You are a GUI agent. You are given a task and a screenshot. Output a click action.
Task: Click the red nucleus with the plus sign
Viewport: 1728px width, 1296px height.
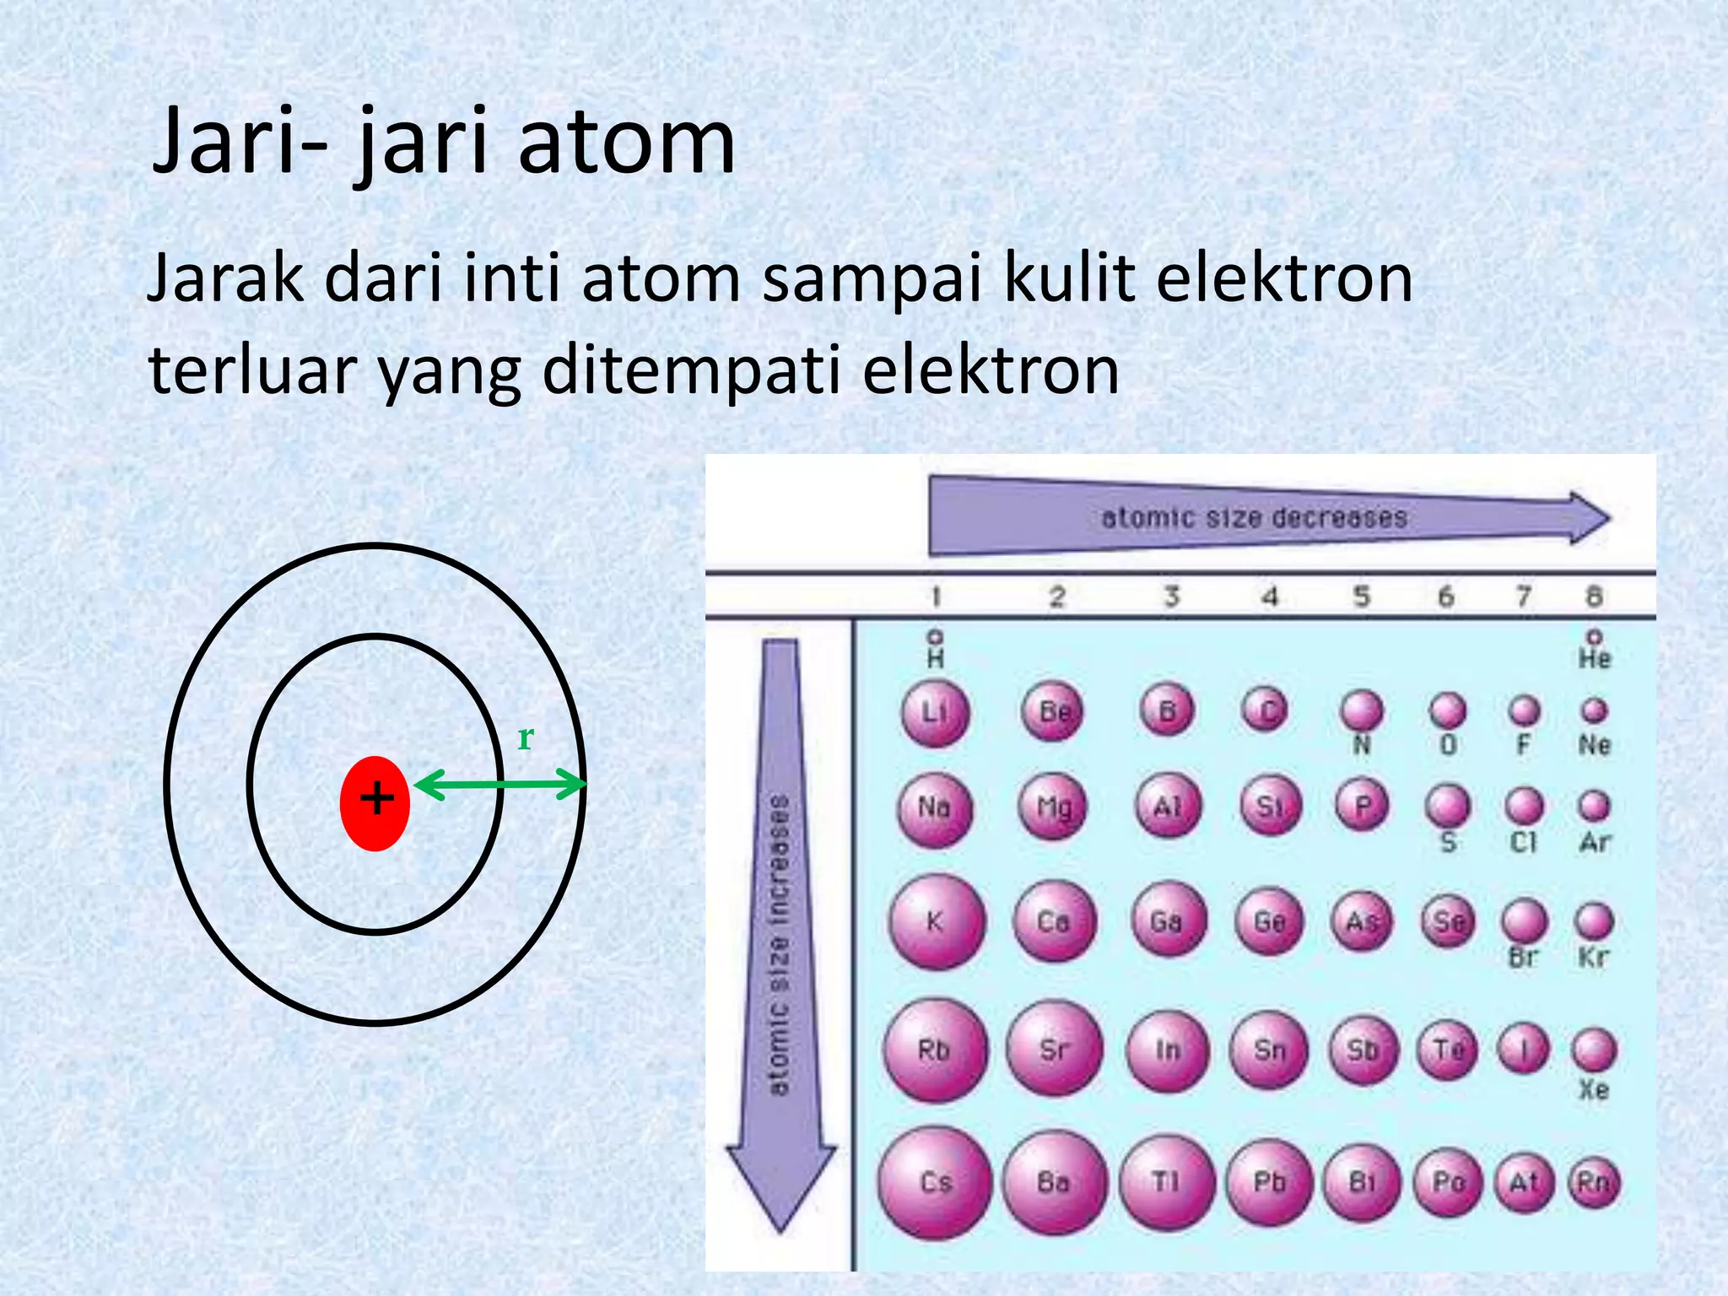(375, 802)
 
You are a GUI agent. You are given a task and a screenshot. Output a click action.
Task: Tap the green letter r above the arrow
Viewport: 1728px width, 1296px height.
(525, 737)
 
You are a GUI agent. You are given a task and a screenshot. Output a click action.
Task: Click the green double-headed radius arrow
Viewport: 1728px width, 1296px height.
(499, 785)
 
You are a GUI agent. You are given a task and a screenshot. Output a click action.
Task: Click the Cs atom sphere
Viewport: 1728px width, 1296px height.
(935, 1182)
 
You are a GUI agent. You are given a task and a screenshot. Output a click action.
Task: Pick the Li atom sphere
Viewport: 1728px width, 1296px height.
(935, 714)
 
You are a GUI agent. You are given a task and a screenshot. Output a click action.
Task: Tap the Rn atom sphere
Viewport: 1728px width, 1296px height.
(1593, 1182)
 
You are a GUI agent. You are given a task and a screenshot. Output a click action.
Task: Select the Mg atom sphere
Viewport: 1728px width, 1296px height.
(1054, 807)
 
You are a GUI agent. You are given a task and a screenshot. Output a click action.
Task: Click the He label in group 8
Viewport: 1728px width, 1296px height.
(1594, 658)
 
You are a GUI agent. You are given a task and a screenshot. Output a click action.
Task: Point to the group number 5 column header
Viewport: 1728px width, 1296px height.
(1362, 597)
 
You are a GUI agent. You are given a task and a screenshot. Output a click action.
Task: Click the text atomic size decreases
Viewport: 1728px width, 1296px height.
(1254, 517)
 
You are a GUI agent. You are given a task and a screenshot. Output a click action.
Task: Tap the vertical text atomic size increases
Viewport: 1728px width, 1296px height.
(780, 945)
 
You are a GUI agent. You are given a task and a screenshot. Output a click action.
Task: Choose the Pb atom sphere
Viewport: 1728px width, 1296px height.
(1269, 1182)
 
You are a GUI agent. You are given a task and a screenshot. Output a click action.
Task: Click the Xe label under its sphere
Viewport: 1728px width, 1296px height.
(1593, 1089)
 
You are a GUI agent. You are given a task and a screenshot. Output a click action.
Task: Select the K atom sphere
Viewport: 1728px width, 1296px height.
(936, 921)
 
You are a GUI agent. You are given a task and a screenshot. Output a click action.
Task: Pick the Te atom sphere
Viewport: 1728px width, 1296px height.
(1448, 1050)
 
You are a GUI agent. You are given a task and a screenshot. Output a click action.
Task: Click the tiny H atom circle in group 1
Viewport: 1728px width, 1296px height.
(935, 635)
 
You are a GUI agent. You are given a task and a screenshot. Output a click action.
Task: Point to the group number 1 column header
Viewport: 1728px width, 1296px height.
(935, 597)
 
